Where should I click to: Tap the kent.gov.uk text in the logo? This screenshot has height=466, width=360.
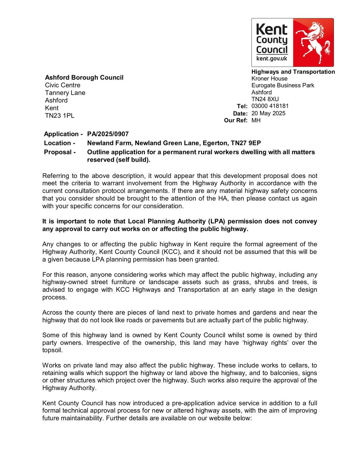pyautogui.click(x=272, y=59)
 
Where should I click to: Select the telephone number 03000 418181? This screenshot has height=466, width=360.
pyautogui.click(x=270, y=106)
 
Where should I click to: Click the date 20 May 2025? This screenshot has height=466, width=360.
pyautogui.click(x=268, y=113)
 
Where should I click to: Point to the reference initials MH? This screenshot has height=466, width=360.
pyautogui.click(x=256, y=120)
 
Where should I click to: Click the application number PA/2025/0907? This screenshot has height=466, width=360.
pyautogui.click(x=108, y=134)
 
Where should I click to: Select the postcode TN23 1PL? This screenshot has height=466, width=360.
pyautogui.click(x=59, y=116)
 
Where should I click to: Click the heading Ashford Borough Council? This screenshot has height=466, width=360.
pyautogui.click(x=84, y=77)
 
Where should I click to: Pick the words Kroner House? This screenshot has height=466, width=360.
pyautogui.click(x=269, y=79)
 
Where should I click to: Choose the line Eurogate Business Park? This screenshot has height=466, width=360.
pyautogui.click(x=283, y=85)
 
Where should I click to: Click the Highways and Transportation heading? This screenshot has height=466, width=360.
pyautogui.click(x=293, y=72)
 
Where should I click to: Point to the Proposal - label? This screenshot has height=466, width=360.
pyautogui.click(x=60, y=152)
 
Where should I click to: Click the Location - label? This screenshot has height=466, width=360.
pyautogui.click(x=59, y=143)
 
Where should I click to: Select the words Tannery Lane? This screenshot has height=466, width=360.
pyautogui.click(x=65, y=93)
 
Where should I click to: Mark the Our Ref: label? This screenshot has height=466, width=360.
pyautogui.click(x=236, y=121)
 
